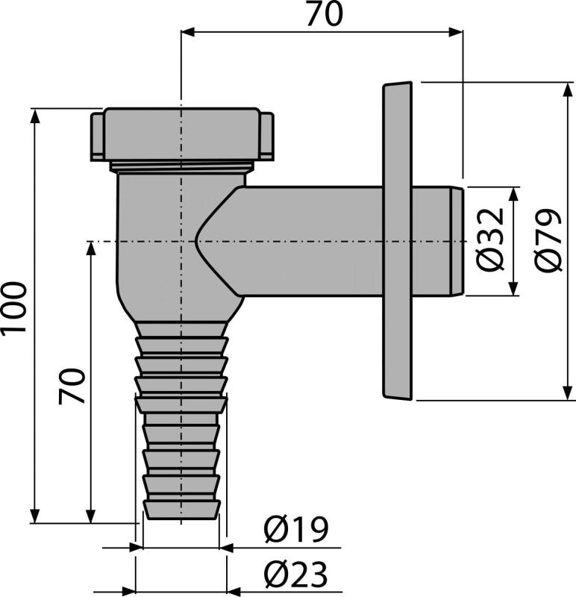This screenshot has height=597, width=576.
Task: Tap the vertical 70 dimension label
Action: pyautogui.click(x=72, y=383)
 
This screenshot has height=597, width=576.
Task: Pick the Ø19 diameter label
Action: pyautogui.click(x=295, y=531)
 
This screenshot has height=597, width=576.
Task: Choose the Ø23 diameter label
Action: pyautogui.click(x=295, y=575)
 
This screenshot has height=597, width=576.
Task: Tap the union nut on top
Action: pyautogui.click(x=181, y=134)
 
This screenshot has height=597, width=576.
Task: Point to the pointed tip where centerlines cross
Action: pyautogui.click(x=195, y=241)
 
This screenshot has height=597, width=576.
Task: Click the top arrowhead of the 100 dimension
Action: pyautogui.click(x=34, y=114)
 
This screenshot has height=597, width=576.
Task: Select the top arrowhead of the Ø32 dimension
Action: pyautogui.click(x=514, y=193)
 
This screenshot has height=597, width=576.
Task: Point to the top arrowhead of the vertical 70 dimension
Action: pyautogui.click(x=90, y=248)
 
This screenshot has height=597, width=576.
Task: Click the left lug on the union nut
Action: pyautogui.click(x=97, y=137)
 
